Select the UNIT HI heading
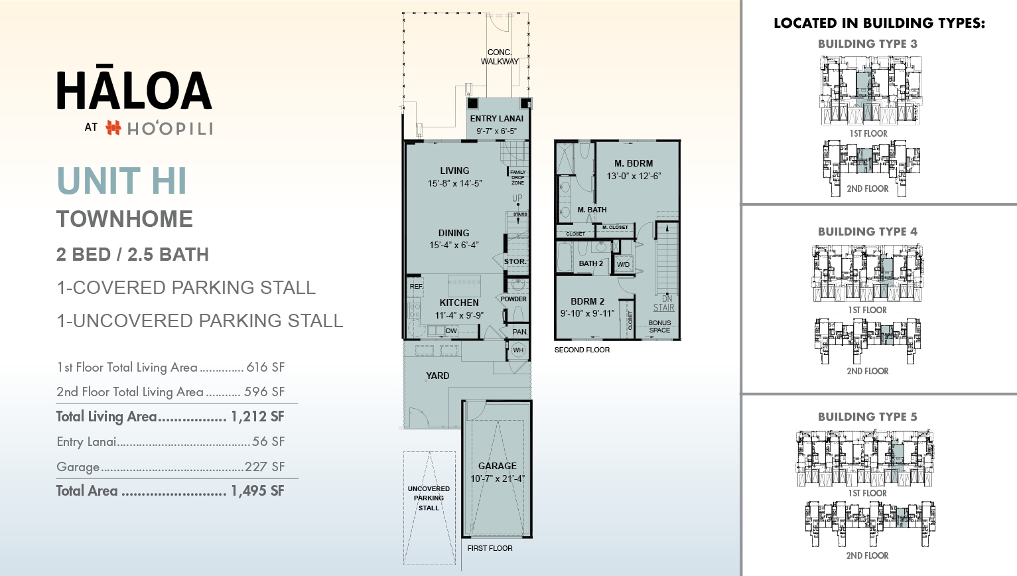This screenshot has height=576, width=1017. coord(121,181)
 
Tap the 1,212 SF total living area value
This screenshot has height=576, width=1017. coord(257,417)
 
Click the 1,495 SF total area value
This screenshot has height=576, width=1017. coord(257,491)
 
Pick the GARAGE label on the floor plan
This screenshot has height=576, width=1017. coord(497,466)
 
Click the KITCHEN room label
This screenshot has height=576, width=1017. coord(458,303)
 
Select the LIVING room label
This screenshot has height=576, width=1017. coord(454,171)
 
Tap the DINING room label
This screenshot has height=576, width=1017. coord(454,233)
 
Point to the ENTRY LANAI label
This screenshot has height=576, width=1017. coord(496,119)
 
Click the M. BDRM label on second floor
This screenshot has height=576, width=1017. coord(634,163)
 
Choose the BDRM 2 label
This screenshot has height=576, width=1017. coord(587,301)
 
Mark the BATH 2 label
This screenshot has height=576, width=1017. coord(590,263)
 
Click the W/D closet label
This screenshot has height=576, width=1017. coord(624,264)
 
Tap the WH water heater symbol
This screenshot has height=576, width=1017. coord(518,350)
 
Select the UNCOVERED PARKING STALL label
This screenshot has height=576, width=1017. coord(429,498)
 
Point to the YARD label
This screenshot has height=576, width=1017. coord(437,376)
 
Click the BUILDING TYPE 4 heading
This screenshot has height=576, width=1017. coord(867,232)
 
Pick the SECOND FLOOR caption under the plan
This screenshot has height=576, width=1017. coord(582,350)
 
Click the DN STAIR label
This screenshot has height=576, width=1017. coord(664,303)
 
